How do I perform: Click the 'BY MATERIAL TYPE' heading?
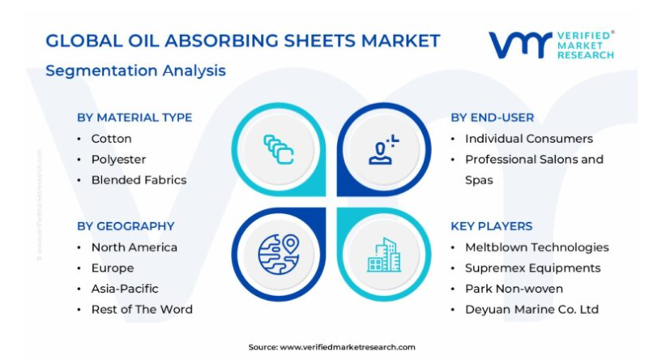coord(134,118)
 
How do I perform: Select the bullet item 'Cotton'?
coord(111,139)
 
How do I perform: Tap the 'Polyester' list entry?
coord(118,160)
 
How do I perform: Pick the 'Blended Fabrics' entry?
coord(139,180)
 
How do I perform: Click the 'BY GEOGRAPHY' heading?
coord(126,226)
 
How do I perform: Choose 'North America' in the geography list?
coord(134,247)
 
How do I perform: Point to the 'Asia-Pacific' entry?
coord(125,289)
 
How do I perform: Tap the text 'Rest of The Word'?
coord(142,310)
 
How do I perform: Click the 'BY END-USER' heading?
coord(493,118)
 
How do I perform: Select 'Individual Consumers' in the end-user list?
coord(529,139)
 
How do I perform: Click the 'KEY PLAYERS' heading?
coord(492,226)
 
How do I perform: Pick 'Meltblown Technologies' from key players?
coord(537,247)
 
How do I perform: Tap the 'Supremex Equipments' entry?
coord(532,268)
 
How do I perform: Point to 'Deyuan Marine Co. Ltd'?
coord(532,310)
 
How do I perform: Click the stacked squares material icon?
coord(278,150)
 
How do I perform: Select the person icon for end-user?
coord(383,150)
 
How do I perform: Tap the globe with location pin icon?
coord(279,255)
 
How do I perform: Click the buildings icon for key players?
coord(384,255)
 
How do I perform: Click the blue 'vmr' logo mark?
coord(520,45)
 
